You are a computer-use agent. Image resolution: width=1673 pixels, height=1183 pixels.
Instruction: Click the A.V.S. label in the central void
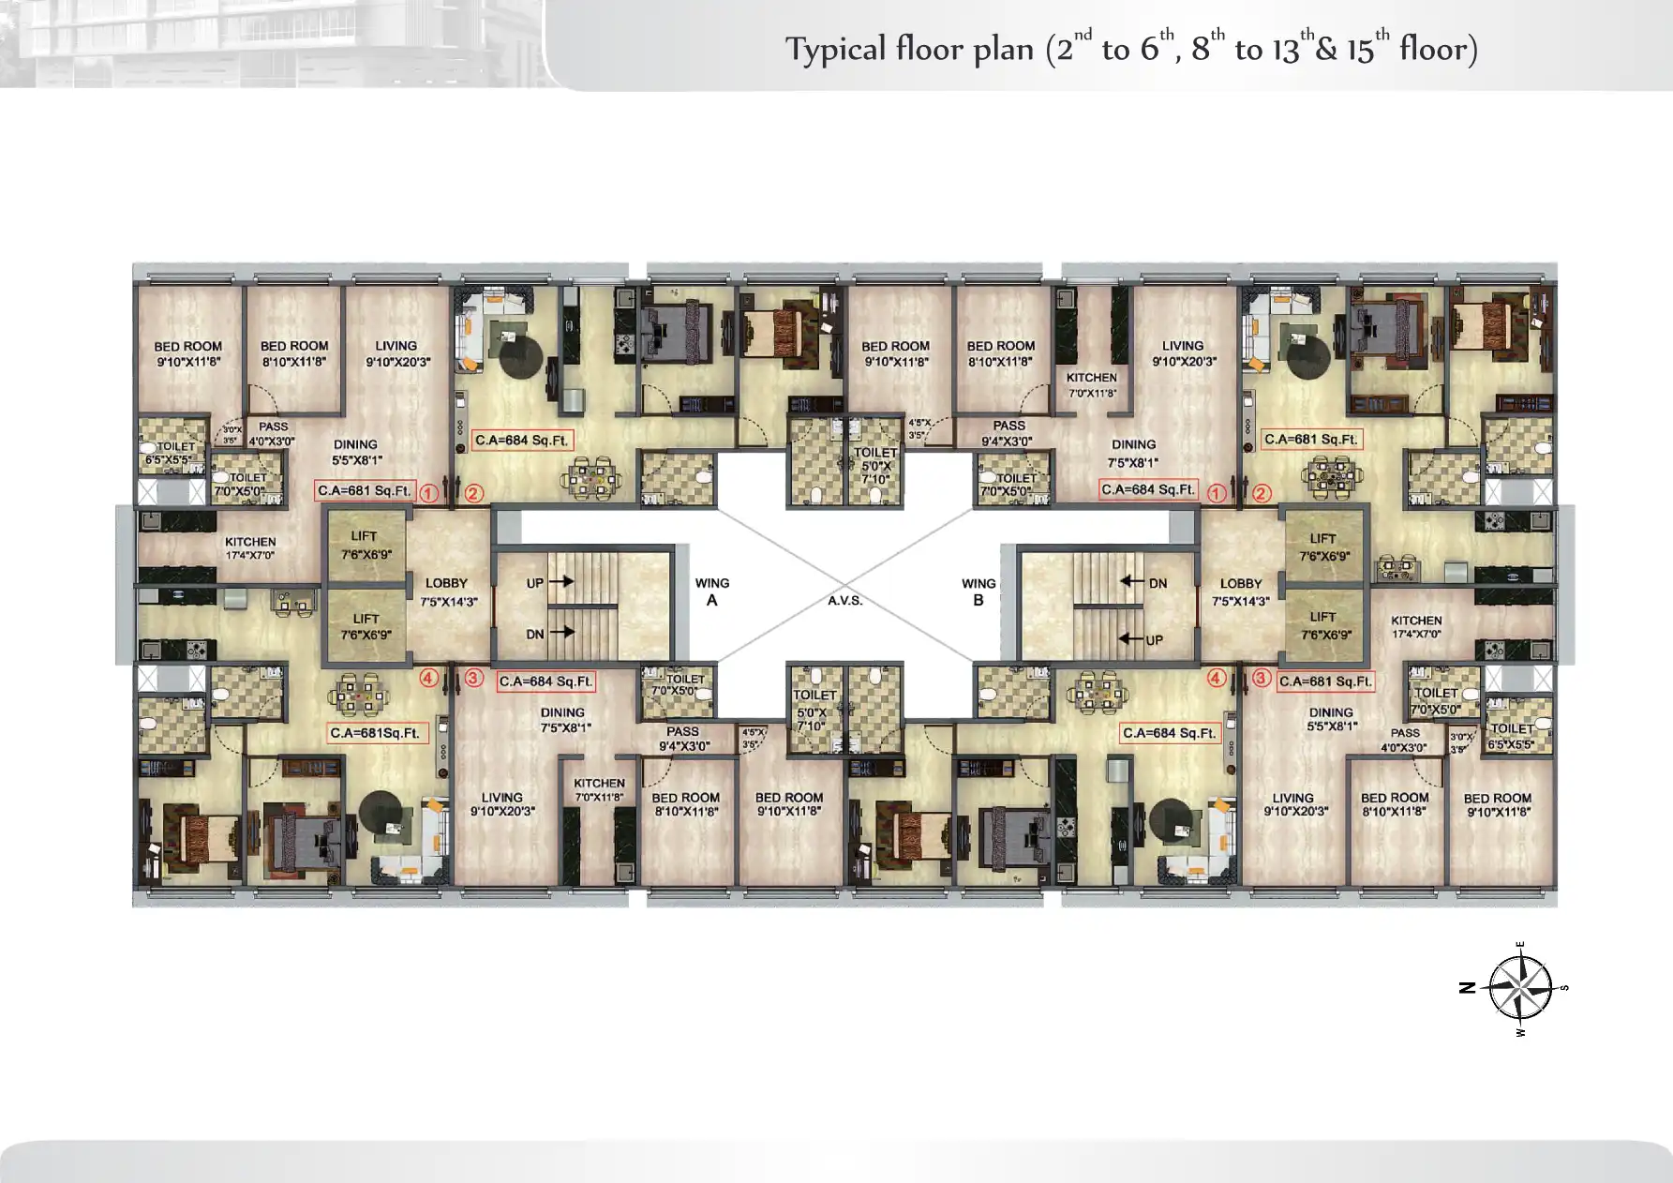coord(844,600)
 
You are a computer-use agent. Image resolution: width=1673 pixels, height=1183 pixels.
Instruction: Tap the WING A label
coord(712,591)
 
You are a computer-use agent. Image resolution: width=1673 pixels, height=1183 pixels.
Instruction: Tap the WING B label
coord(978,591)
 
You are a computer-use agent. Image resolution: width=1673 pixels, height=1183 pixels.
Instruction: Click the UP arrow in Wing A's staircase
coord(561,582)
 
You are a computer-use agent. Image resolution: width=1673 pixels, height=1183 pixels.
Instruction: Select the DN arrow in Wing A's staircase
coord(561,633)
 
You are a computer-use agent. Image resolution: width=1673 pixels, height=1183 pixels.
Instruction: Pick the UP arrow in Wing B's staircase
coord(1131,639)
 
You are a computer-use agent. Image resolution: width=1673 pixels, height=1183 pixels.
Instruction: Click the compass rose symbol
coord(1520,987)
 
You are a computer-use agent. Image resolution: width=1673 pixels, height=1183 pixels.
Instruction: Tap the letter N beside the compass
coord(1468,987)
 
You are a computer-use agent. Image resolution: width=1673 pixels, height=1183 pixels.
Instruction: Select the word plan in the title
coord(1003,50)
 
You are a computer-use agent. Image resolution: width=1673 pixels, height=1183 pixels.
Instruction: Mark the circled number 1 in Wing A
coord(428,493)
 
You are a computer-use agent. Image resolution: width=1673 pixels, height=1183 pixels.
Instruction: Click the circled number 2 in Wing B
coord(1262,493)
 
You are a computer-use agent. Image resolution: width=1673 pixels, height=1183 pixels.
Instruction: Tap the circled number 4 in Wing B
coord(1217,678)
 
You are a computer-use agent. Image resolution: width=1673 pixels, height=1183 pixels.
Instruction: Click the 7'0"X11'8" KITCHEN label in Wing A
coord(599,789)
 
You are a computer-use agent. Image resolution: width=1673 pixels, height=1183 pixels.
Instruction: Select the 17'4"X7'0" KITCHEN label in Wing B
coord(1416,626)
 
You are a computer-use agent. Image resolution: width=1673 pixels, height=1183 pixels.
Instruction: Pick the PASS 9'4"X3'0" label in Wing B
coord(1008,432)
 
